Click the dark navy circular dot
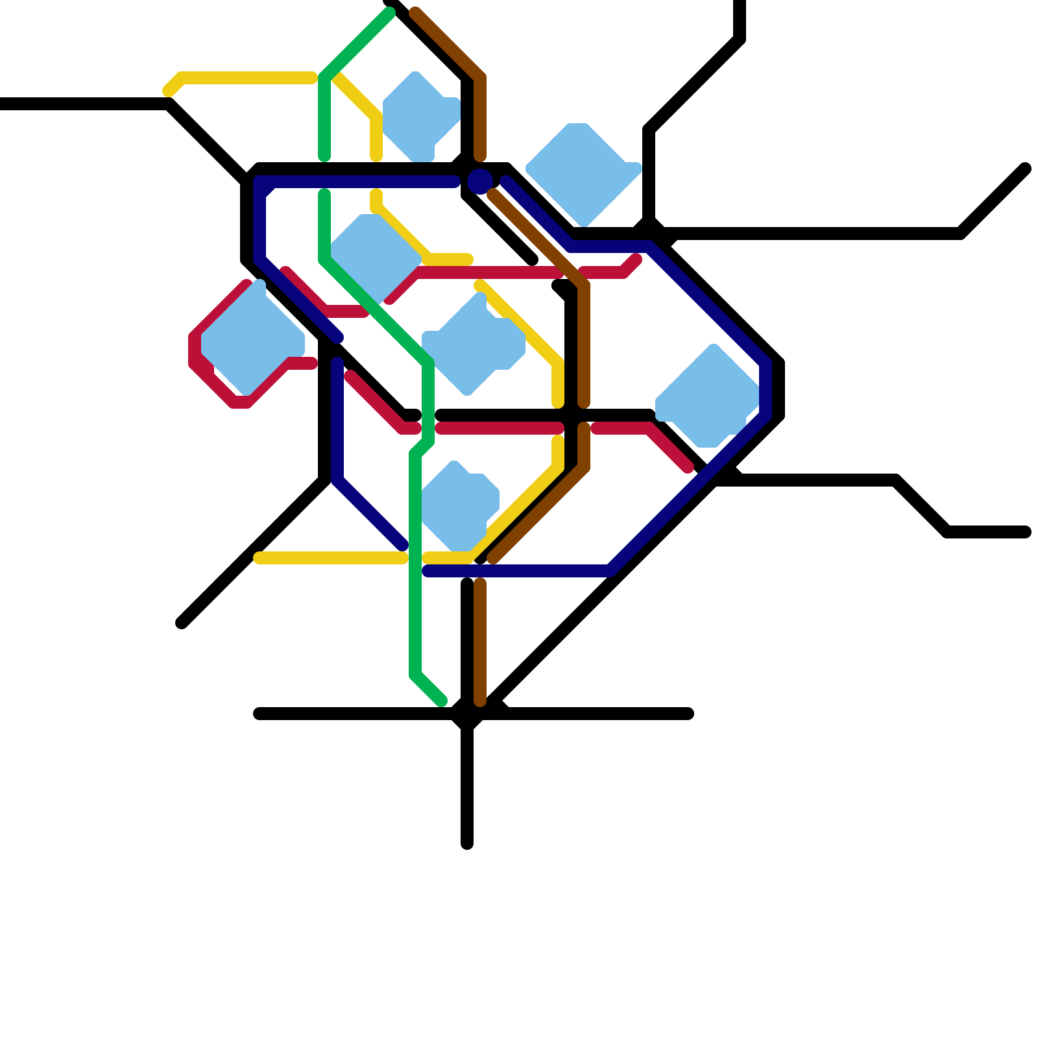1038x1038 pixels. click(x=480, y=181)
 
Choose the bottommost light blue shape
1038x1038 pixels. click(x=458, y=506)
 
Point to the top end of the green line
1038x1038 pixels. click(x=390, y=13)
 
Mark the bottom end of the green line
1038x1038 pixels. click(x=442, y=701)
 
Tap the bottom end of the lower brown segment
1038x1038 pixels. click(x=480, y=701)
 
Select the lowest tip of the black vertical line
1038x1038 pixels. click(x=467, y=844)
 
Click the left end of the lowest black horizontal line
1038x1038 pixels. click(x=258, y=714)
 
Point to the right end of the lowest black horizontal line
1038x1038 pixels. click(x=689, y=714)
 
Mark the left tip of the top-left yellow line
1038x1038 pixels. click(x=168, y=91)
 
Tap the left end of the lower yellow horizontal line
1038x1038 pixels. click(x=258, y=558)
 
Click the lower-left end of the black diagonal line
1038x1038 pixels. click(x=182, y=623)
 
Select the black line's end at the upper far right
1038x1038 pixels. click(x=1026, y=169)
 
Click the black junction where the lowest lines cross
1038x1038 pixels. click(x=467, y=714)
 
